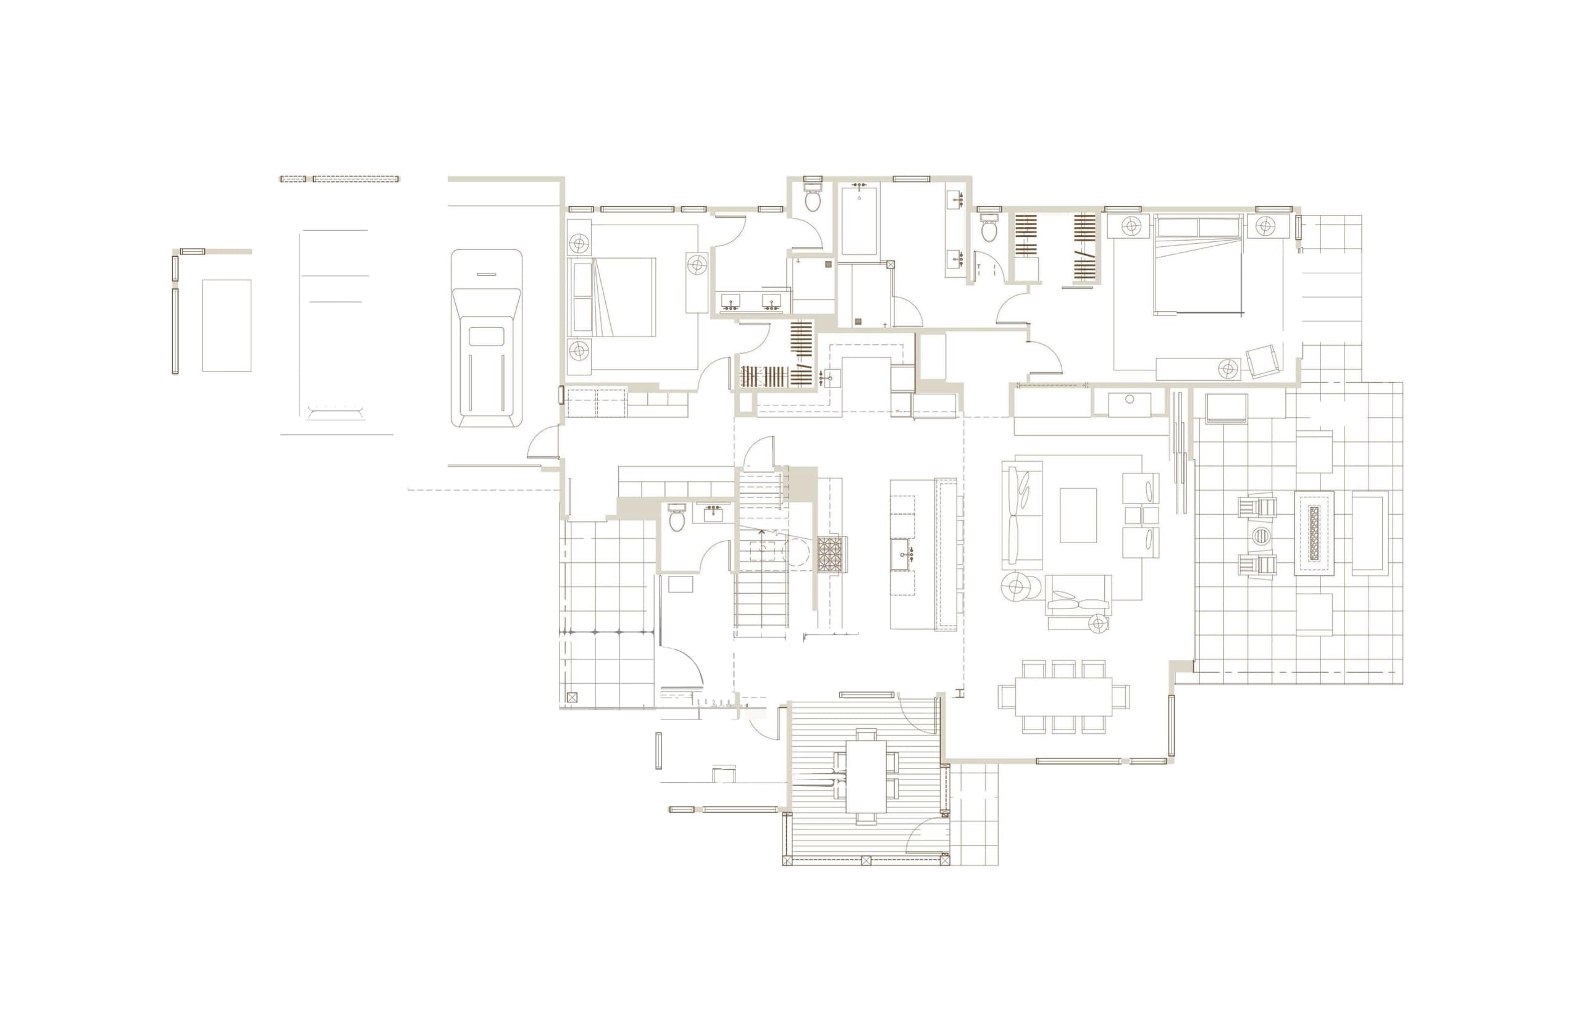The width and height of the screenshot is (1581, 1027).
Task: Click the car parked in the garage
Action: coord(485,338)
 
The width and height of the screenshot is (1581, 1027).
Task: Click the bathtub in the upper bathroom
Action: coord(859,220)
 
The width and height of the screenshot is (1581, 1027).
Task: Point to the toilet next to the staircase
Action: coord(677,518)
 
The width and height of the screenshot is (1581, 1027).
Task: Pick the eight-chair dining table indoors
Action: coord(1063,696)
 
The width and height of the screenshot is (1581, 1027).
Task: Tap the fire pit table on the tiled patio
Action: coord(1314,533)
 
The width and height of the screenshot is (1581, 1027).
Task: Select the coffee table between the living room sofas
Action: coord(1078,515)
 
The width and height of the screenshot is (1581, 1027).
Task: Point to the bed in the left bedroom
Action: coord(614,297)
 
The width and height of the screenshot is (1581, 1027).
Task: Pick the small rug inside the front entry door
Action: coord(680,583)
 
